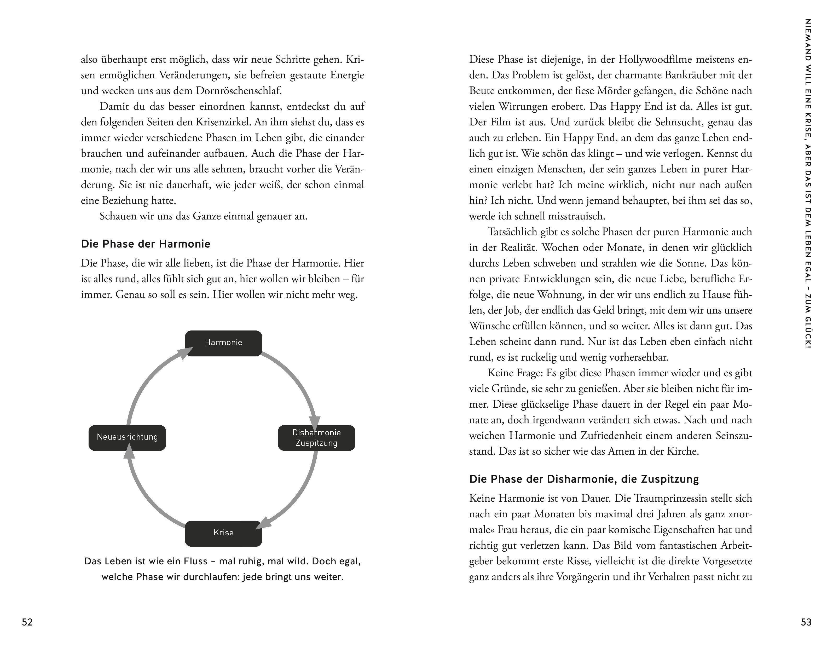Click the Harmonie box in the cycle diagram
[223, 343]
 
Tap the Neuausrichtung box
[127, 437]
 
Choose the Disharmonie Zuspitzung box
[317, 438]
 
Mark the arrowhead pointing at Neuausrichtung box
[130, 453]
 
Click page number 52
[27, 622]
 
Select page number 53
[806, 622]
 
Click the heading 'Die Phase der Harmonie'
[146, 244]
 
